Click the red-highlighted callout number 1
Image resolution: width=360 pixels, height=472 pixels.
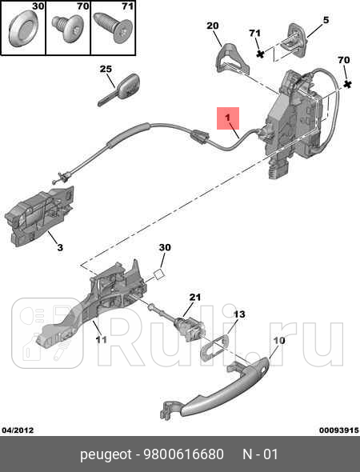click(228, 121)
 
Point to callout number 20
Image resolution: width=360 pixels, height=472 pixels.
click(212, 26)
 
